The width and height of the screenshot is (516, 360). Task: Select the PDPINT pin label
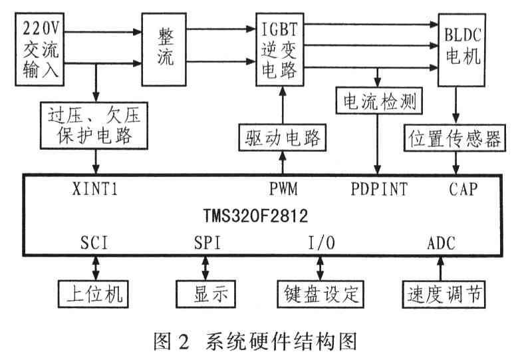click(x=379, y=188)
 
